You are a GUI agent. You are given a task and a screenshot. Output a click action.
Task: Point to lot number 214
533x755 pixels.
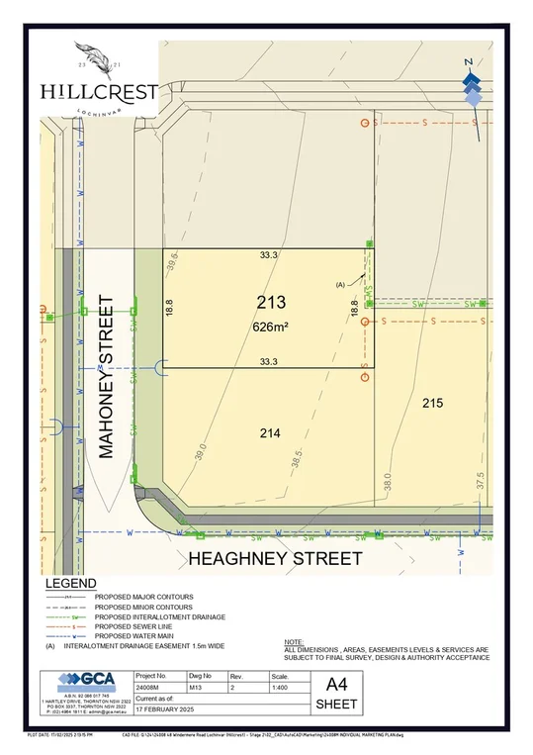point(270,432)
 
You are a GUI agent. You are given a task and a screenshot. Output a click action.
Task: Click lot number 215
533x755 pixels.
point(432,403)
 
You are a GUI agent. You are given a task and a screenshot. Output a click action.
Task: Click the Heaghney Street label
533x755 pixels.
point(275,559)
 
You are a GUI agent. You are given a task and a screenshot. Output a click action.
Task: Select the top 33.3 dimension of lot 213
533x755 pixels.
point(269,255)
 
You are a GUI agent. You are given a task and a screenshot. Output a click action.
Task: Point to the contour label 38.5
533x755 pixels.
point(296,459)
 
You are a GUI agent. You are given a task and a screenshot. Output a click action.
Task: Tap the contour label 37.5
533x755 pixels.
point(481,480)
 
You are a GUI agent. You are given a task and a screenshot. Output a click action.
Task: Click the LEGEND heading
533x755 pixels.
point(70,584)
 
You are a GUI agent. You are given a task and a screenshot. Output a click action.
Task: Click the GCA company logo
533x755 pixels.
point(86,682)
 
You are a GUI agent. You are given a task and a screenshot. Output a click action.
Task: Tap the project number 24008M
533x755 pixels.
point(149,693)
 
